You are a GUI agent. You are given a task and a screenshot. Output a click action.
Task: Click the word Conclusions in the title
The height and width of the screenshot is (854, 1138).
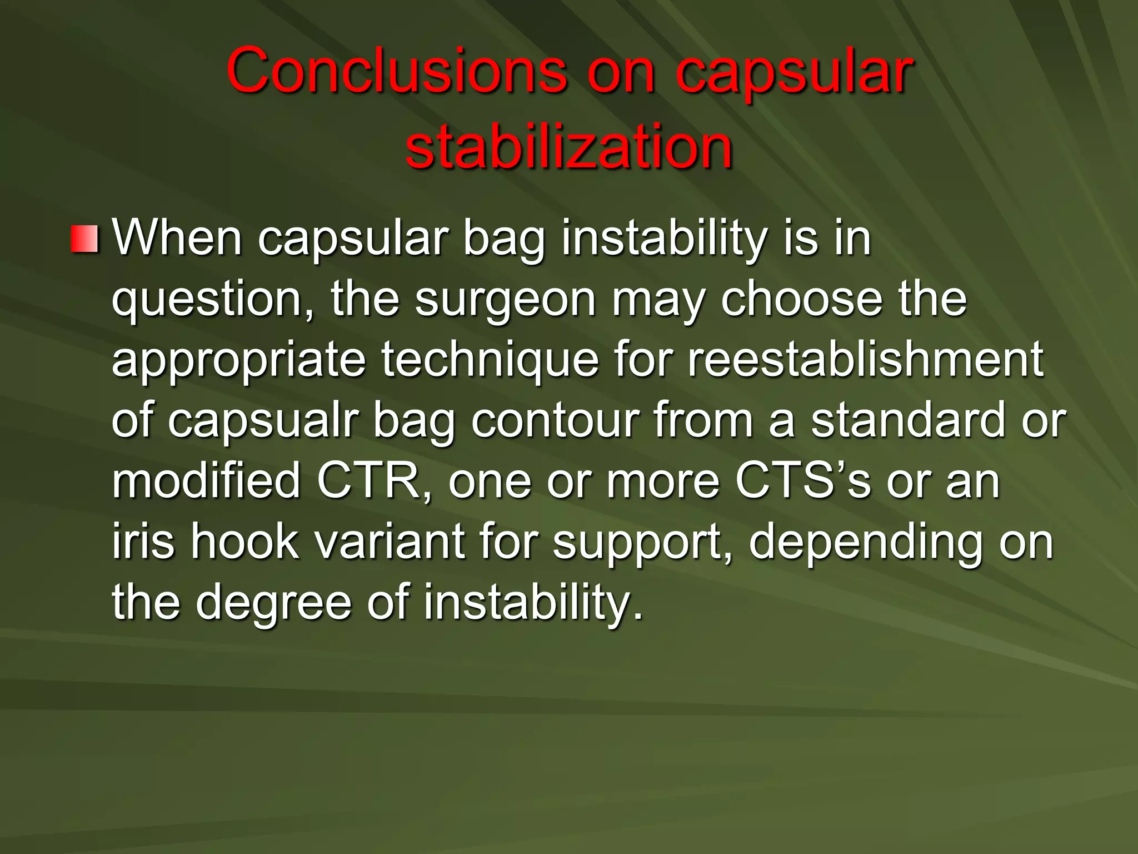pyautogui.click(x=396, y=71)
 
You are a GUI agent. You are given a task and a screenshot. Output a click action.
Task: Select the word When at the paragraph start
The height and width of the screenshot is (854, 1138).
pyautogui.click(x=177, y=238)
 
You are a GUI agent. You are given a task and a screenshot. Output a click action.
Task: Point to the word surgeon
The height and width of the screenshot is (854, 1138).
pyautogui.click(x=505, y=299)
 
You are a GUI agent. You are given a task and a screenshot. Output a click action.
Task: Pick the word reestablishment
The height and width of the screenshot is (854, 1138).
pyautogui.click(x=865, y=360)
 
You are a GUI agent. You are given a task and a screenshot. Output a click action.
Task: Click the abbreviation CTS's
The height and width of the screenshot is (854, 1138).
pyautogui.click(x=802, y=481)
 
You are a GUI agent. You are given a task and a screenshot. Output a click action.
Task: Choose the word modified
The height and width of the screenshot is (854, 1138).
pyautogui.click(x=206, y=481)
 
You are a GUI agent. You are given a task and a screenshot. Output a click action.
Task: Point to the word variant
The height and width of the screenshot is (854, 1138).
pyautogui.click(x=390, y=542)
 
